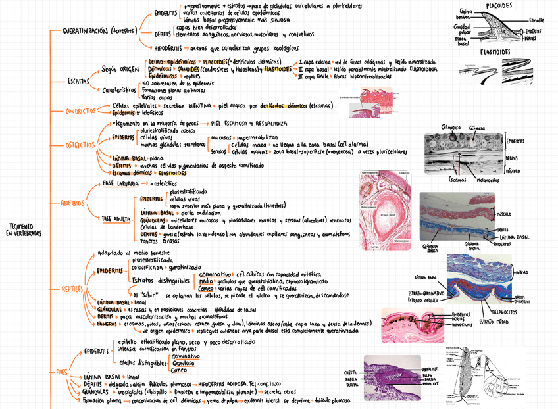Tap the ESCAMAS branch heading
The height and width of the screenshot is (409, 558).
click(x=80, y=80)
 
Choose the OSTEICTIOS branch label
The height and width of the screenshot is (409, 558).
click(x=80, y=145)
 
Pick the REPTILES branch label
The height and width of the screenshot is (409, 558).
click(x=72, y=289)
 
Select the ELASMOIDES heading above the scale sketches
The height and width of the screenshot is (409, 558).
click(x=497, y=51)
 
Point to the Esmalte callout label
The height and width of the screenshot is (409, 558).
click(x=536, y=20)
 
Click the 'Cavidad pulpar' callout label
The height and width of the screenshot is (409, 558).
click(x=462, y=30)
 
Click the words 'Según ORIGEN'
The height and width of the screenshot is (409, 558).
click(x=120, y=69)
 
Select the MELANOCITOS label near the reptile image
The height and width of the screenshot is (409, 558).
click(x=495, y=312)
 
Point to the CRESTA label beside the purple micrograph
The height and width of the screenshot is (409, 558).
click(x=350, y=373)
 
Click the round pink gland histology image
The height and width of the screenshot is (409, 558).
click(x=383, y=210)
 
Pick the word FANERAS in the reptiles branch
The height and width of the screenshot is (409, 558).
click(x=107, y=324)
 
